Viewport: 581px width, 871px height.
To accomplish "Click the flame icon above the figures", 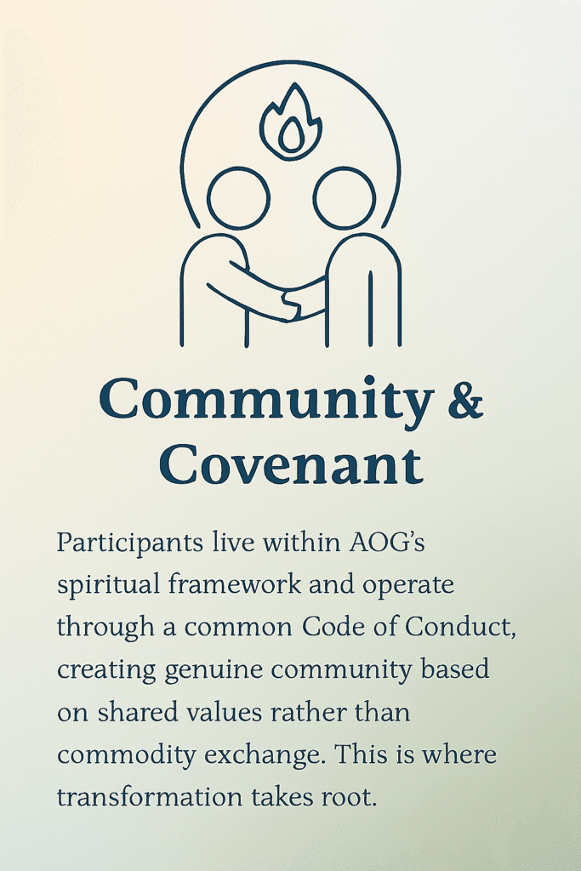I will coord(290,123).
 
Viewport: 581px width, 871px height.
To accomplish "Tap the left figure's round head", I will coord(238,197).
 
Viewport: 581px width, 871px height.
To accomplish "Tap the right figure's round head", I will coord(344,197).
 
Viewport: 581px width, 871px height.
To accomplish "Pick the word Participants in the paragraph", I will coord(117,543).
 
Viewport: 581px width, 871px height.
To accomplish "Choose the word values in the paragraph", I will coord(248,711).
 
